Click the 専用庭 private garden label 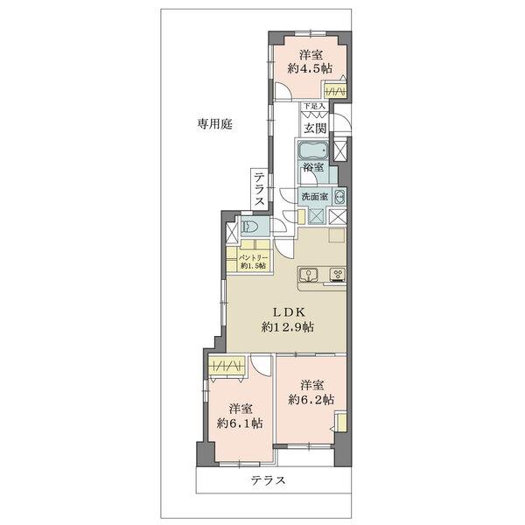click(213, 124)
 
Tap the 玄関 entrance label click(315, 127)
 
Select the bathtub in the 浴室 click(313, 149)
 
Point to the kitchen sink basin click(309, 277)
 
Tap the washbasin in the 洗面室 click(339, 196)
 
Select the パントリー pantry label click(245, 262)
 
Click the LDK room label click(287, 311)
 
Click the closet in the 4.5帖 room click(334, 91)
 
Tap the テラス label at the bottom click(269, 480)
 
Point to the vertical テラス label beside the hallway click(260, 190)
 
